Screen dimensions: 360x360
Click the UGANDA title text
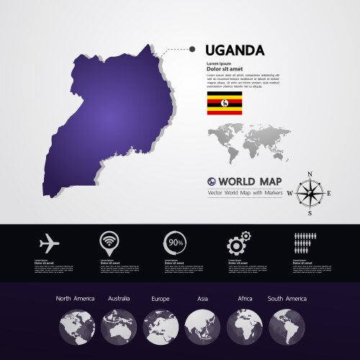coord(235,50)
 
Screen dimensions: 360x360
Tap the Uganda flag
coord(225,104)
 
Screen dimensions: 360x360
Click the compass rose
coord(310,193)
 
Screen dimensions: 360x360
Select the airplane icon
coord(49,240)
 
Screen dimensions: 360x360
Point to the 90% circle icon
coord(174,242)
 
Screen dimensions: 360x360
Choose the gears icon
coord(238,241)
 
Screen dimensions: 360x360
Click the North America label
coord(74,298)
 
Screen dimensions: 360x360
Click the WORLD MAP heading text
coord(250,181)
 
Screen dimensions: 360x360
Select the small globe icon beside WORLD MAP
coord(212,181)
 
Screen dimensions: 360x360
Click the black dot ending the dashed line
coord(192,50)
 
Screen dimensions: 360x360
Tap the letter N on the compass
coord(310,174)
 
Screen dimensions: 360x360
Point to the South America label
coord(287,298)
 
